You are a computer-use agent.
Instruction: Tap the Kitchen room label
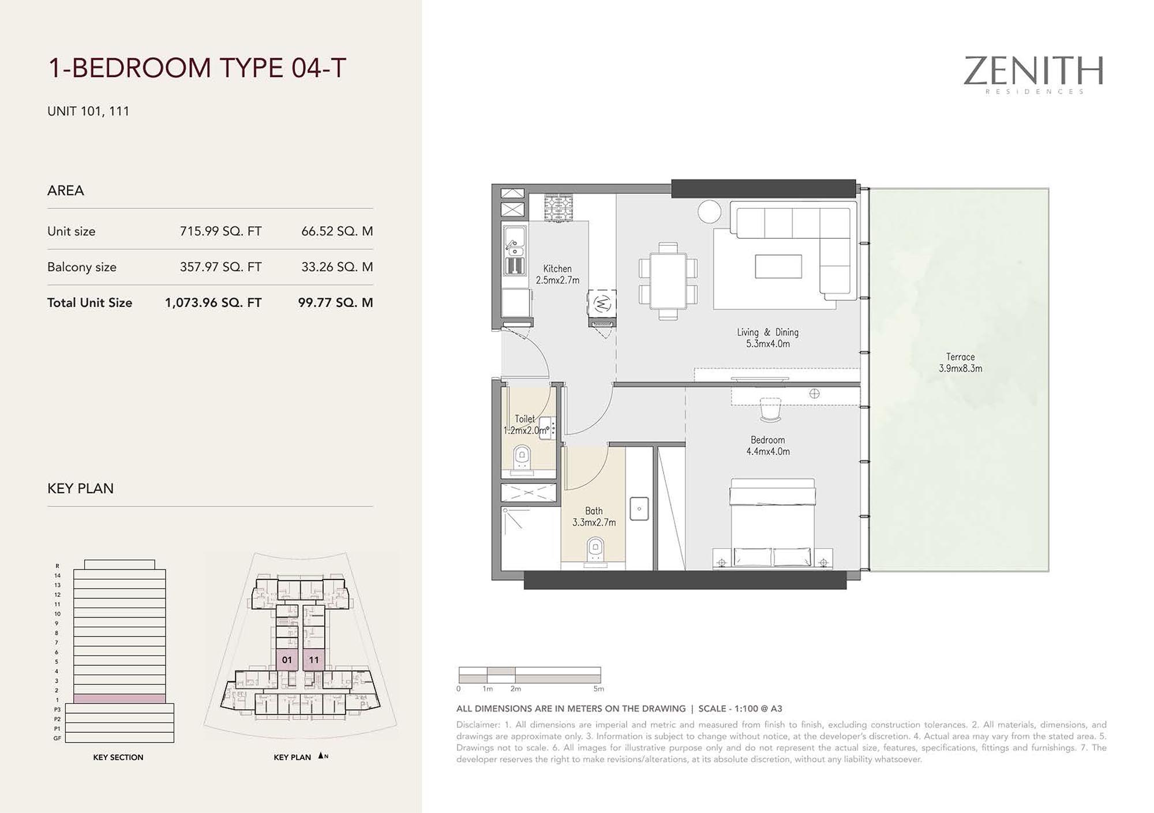(557, 268)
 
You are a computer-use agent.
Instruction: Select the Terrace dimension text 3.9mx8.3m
(960, 368)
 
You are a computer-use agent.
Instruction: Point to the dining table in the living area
(668, 281)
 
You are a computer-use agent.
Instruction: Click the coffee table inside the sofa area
(778, 267)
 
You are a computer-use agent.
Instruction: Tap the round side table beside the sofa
(709, 211)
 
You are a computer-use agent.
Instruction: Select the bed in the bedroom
(773, 522)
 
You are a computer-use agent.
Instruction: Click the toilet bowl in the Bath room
(595, 549)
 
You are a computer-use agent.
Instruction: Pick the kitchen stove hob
(559, 208)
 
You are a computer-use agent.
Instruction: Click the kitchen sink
(515, 242)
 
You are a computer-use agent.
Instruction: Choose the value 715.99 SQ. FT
(220, 231)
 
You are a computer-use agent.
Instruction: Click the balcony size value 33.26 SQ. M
(337, 267)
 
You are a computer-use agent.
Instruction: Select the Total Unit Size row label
(89, 303)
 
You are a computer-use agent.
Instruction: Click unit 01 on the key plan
(287, 660)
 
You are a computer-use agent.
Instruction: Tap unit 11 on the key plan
(314, 660)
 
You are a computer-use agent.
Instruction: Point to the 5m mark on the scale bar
(599, 689)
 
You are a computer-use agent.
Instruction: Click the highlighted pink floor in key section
(119, 699)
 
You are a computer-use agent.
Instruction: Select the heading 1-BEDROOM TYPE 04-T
(197, 68)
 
